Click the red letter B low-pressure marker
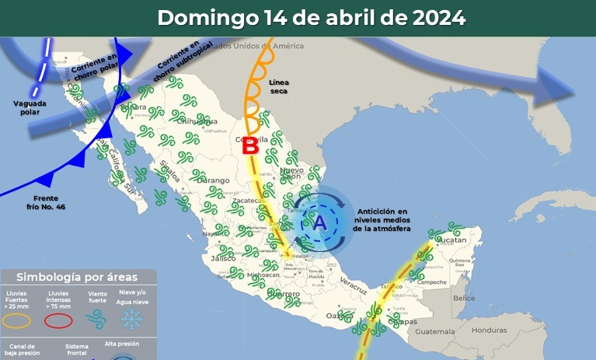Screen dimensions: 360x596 250,146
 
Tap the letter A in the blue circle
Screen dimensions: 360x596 319,222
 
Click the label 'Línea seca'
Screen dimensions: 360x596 277,86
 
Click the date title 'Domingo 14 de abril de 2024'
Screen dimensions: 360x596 312,18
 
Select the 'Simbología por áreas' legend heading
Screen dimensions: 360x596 77,278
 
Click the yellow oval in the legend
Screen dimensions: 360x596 16,320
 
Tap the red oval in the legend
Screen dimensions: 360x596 58,320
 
